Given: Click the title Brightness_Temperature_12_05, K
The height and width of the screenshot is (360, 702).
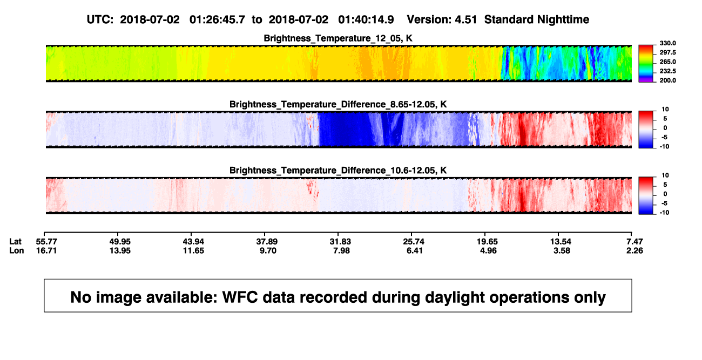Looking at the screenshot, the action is (x=337, y=38).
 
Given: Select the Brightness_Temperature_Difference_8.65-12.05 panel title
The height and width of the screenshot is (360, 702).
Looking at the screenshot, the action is (x=337, y=104).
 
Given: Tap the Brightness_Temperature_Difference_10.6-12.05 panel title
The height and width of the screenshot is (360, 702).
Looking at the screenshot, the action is (x=337, y=171).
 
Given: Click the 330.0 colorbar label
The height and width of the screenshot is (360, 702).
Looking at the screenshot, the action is (x=667, y=43).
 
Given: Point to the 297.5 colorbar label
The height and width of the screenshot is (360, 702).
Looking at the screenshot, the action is (x=667, y=52).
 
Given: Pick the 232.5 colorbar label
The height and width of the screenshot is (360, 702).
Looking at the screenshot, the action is (x=667, y=71).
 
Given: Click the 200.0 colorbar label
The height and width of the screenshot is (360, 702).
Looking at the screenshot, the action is (x=667, y=80).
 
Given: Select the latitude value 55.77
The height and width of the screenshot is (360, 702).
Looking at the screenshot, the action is (x=46, y=242).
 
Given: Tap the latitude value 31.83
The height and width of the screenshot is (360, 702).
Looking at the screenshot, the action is (x=340, y=242).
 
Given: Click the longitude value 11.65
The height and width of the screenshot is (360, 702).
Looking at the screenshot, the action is (x=193, y=250).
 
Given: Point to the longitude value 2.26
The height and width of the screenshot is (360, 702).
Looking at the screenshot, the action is (x=634, y=250).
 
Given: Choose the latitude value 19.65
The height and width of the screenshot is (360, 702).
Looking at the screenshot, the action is (x=487, y=242).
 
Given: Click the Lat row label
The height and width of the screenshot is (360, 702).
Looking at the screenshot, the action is (x=15, y=242).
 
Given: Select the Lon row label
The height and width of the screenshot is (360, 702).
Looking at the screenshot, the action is (x=17, y=250).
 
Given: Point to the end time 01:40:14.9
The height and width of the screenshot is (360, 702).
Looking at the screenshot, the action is (x=366, y=19).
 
